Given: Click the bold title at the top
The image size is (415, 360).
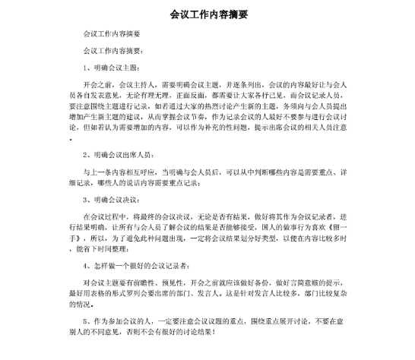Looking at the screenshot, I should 207,14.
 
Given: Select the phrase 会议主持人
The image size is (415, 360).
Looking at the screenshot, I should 131,87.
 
